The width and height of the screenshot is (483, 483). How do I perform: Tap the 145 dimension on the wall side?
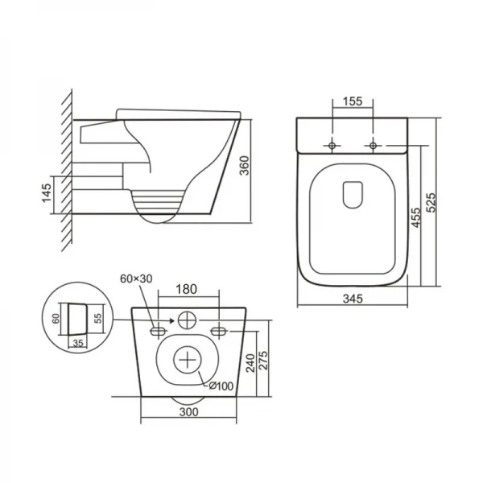(x=47, y=194)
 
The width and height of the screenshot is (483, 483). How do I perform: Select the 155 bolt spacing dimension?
(x=352, y=102)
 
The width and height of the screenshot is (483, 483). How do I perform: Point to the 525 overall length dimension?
(x=432, y=202)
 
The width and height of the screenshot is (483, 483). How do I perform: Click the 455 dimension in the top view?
(x=416, y=217)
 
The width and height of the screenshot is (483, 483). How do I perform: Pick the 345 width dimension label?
(x=352, y=299)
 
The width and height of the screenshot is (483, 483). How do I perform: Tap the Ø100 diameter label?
(x=223, y=386)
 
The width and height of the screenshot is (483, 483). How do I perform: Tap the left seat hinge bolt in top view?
(x=332, y=145)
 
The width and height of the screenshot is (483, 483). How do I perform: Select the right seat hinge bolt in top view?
(x=372, y=145)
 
